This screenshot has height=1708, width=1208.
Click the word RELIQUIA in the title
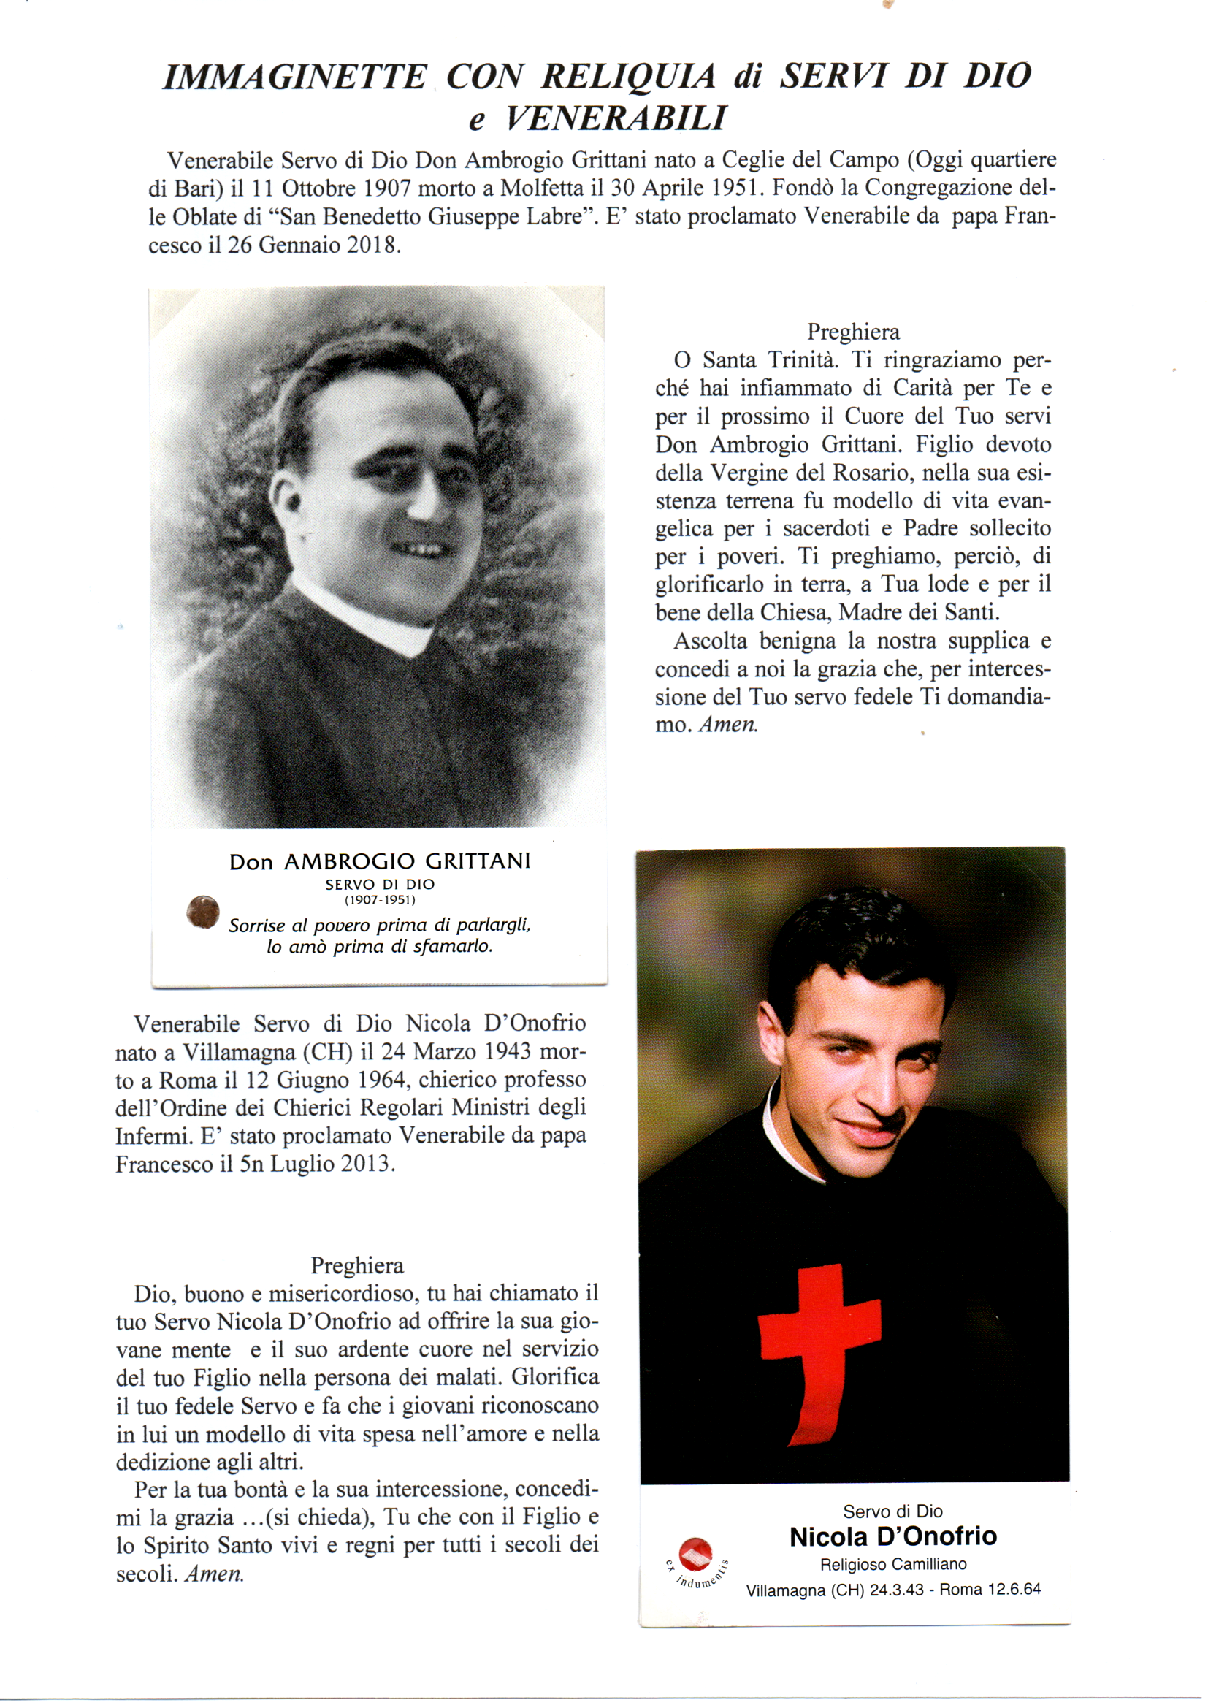(629, 77)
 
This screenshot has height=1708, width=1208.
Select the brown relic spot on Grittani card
(202, 912)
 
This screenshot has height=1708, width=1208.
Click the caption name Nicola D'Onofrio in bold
(892, 1537)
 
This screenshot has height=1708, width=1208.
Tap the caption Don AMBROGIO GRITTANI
(379, 861)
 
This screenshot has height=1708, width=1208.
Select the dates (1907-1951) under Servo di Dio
(379, 900)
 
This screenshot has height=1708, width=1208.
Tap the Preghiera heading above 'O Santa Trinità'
(853, 332)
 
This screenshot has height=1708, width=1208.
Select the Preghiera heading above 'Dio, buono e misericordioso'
(357, 1265)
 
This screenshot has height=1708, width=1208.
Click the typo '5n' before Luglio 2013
(251, 1164)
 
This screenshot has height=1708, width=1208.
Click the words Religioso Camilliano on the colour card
(892, 1564)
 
